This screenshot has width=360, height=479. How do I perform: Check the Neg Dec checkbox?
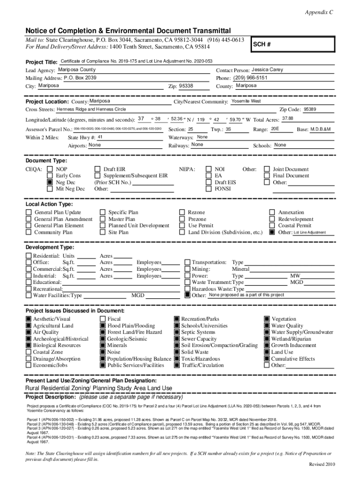[x=50, y=182]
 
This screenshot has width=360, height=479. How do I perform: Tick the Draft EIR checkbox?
[x=97, y=169]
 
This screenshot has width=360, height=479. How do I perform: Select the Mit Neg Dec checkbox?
[x=50, y=189]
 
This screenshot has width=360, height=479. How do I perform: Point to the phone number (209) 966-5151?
[x=250, y=78]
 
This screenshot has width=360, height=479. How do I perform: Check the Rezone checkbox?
[x=182, y=212]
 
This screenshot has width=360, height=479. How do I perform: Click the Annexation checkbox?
[x=272, y=212]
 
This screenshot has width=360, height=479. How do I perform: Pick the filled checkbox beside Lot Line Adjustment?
[x=272, y=232]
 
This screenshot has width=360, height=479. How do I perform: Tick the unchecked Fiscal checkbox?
[x=103, y=319]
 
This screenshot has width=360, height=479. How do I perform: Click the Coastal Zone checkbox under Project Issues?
[x=29, y=352]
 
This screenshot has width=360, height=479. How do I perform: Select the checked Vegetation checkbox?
[x=267, y=319]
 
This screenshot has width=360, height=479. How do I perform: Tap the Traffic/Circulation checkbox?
[x=177, y=365]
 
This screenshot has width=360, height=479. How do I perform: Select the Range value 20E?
[x=275, y=129]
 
